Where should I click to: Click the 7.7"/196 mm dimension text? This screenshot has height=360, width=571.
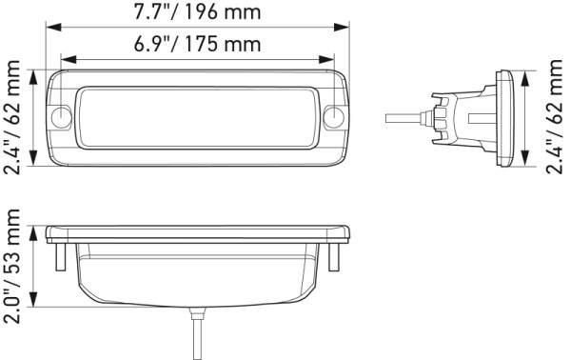198,13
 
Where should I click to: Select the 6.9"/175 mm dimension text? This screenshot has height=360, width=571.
198,45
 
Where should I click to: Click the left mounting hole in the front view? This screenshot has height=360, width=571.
63,117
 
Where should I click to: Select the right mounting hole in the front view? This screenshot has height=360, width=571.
333,117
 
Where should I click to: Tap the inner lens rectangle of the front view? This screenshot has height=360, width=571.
198,117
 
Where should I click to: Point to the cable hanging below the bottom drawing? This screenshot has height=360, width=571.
198,333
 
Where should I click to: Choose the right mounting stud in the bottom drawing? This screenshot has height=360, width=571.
336,256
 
